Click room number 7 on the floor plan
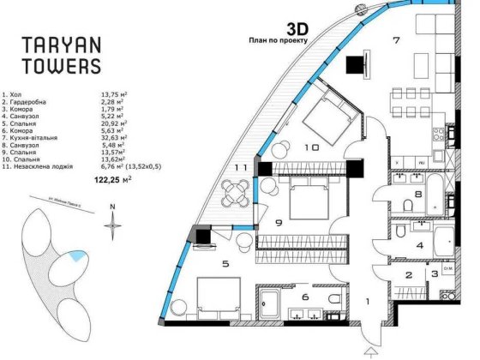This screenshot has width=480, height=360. pyautogui.click(x=395, y=40)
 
